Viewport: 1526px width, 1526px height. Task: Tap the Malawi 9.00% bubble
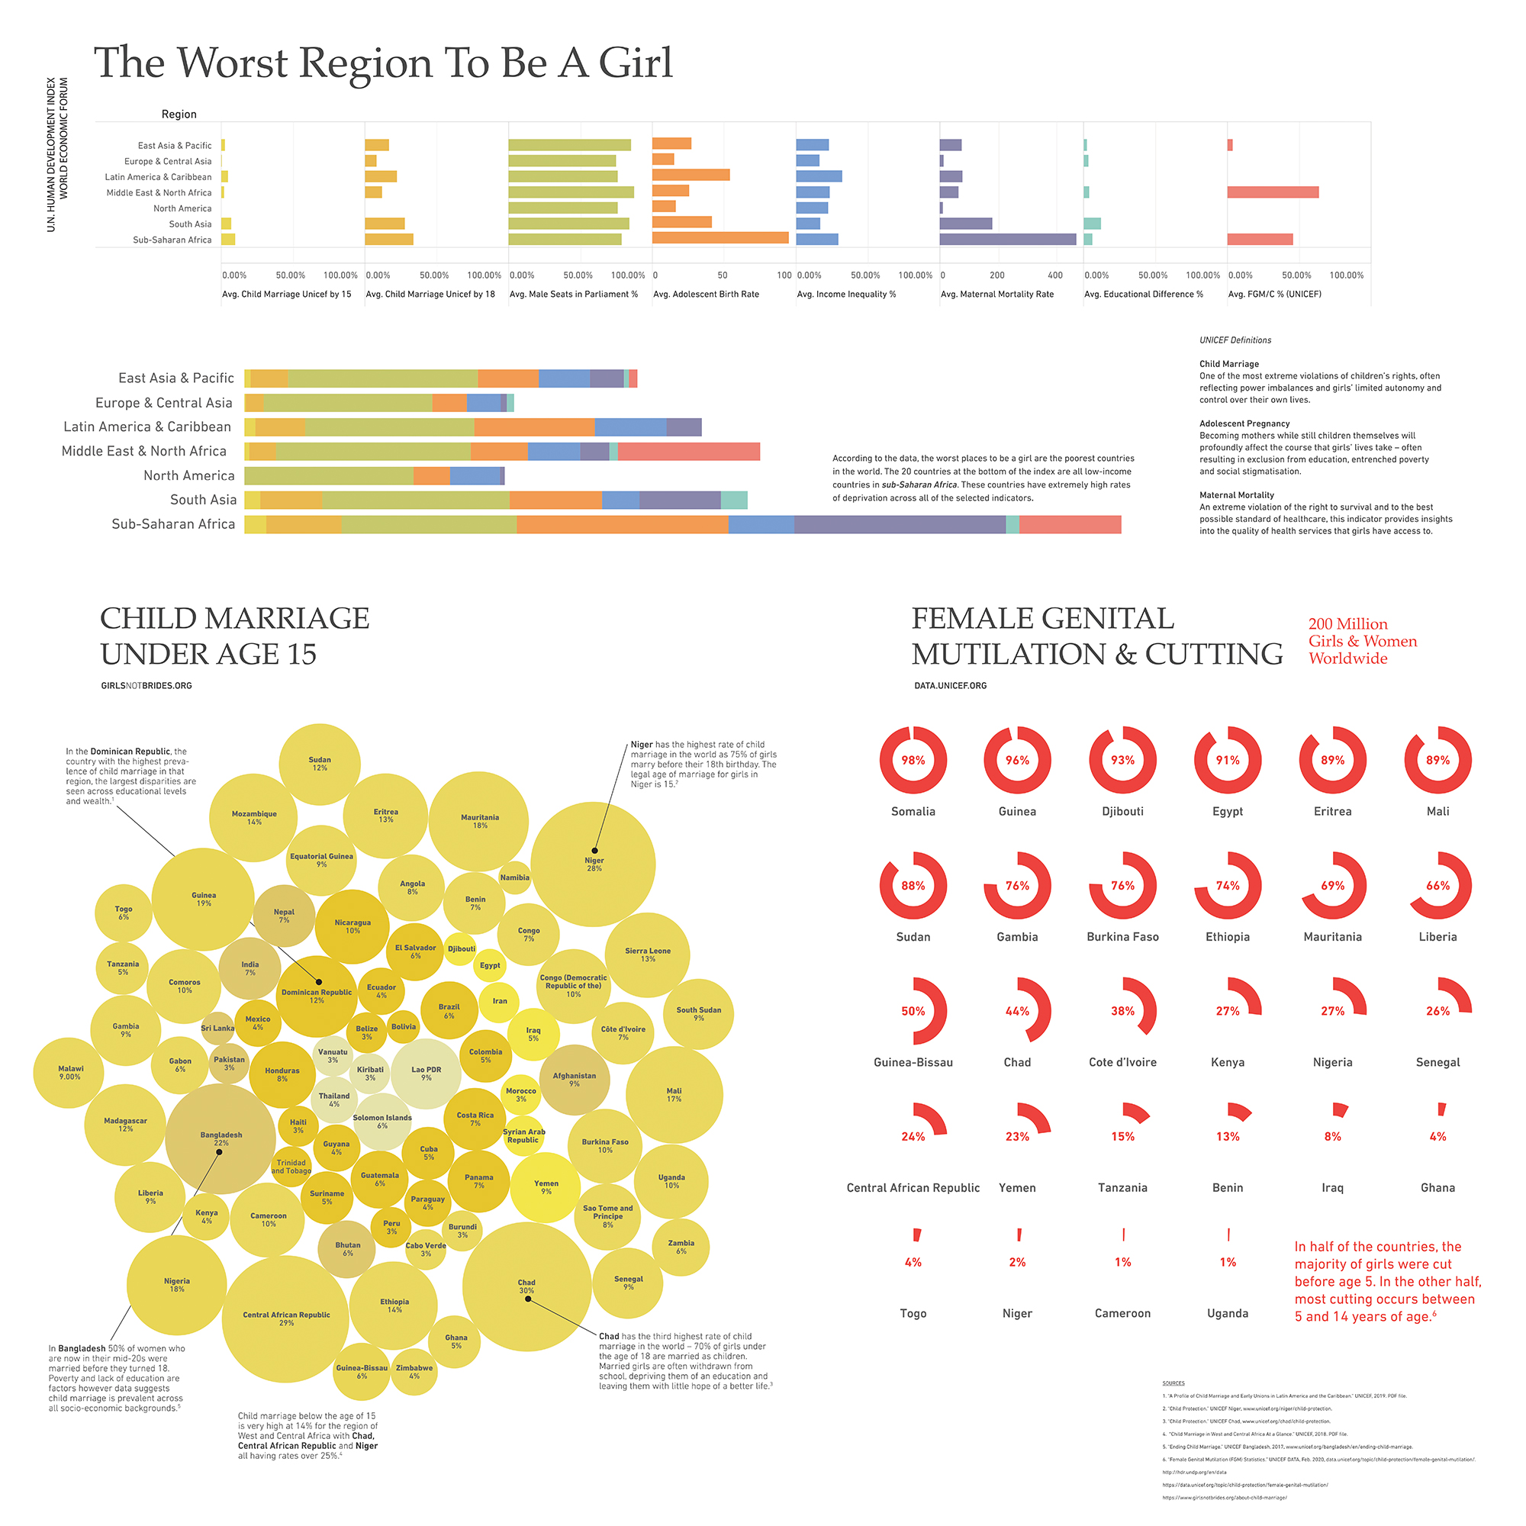click(69, 1073)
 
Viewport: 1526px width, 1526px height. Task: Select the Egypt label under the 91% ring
click(1228, 811)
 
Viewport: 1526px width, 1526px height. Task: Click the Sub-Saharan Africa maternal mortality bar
click(1007, 240)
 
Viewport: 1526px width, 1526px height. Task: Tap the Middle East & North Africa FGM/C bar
click(1273, 192)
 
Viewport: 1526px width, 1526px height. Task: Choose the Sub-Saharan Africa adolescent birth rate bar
click(720, 238)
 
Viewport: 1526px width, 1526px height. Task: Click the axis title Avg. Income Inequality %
click(846, 294)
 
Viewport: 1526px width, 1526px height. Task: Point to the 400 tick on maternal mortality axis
click(1054, 275)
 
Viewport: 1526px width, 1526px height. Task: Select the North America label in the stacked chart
click(188, 475)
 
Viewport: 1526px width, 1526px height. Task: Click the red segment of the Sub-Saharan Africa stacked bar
click(1070, 524)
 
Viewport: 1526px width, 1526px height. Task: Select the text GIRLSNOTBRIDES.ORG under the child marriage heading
click(146, 686)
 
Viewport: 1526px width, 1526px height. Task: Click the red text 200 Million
click(1347, 624)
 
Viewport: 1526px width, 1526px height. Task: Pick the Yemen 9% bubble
click(546, 1187)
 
